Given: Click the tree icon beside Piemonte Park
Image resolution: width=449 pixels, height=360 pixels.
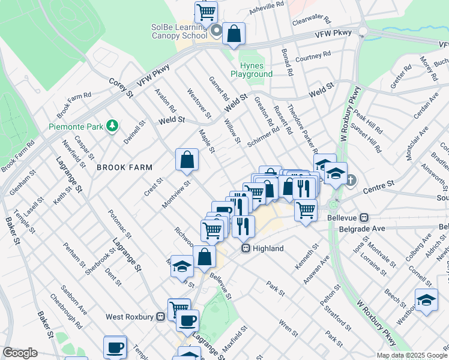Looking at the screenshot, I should point(112,125).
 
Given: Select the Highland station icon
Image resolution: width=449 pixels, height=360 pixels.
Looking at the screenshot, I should point(246,248).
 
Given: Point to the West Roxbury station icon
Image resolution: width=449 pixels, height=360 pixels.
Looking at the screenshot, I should point(160,316).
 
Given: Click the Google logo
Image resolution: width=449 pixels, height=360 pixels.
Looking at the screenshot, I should point(20,353).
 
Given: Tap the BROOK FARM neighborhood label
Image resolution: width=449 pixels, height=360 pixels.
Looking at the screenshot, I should point(125,167).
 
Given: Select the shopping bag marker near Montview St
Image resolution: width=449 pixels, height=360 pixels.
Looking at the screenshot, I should point(187,160).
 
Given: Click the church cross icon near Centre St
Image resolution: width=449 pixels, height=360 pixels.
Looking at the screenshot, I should point(351,180).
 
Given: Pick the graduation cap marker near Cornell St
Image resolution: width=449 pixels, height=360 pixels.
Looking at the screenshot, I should point(426,300).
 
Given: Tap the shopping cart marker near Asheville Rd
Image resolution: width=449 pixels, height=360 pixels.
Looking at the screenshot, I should point(206,11).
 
